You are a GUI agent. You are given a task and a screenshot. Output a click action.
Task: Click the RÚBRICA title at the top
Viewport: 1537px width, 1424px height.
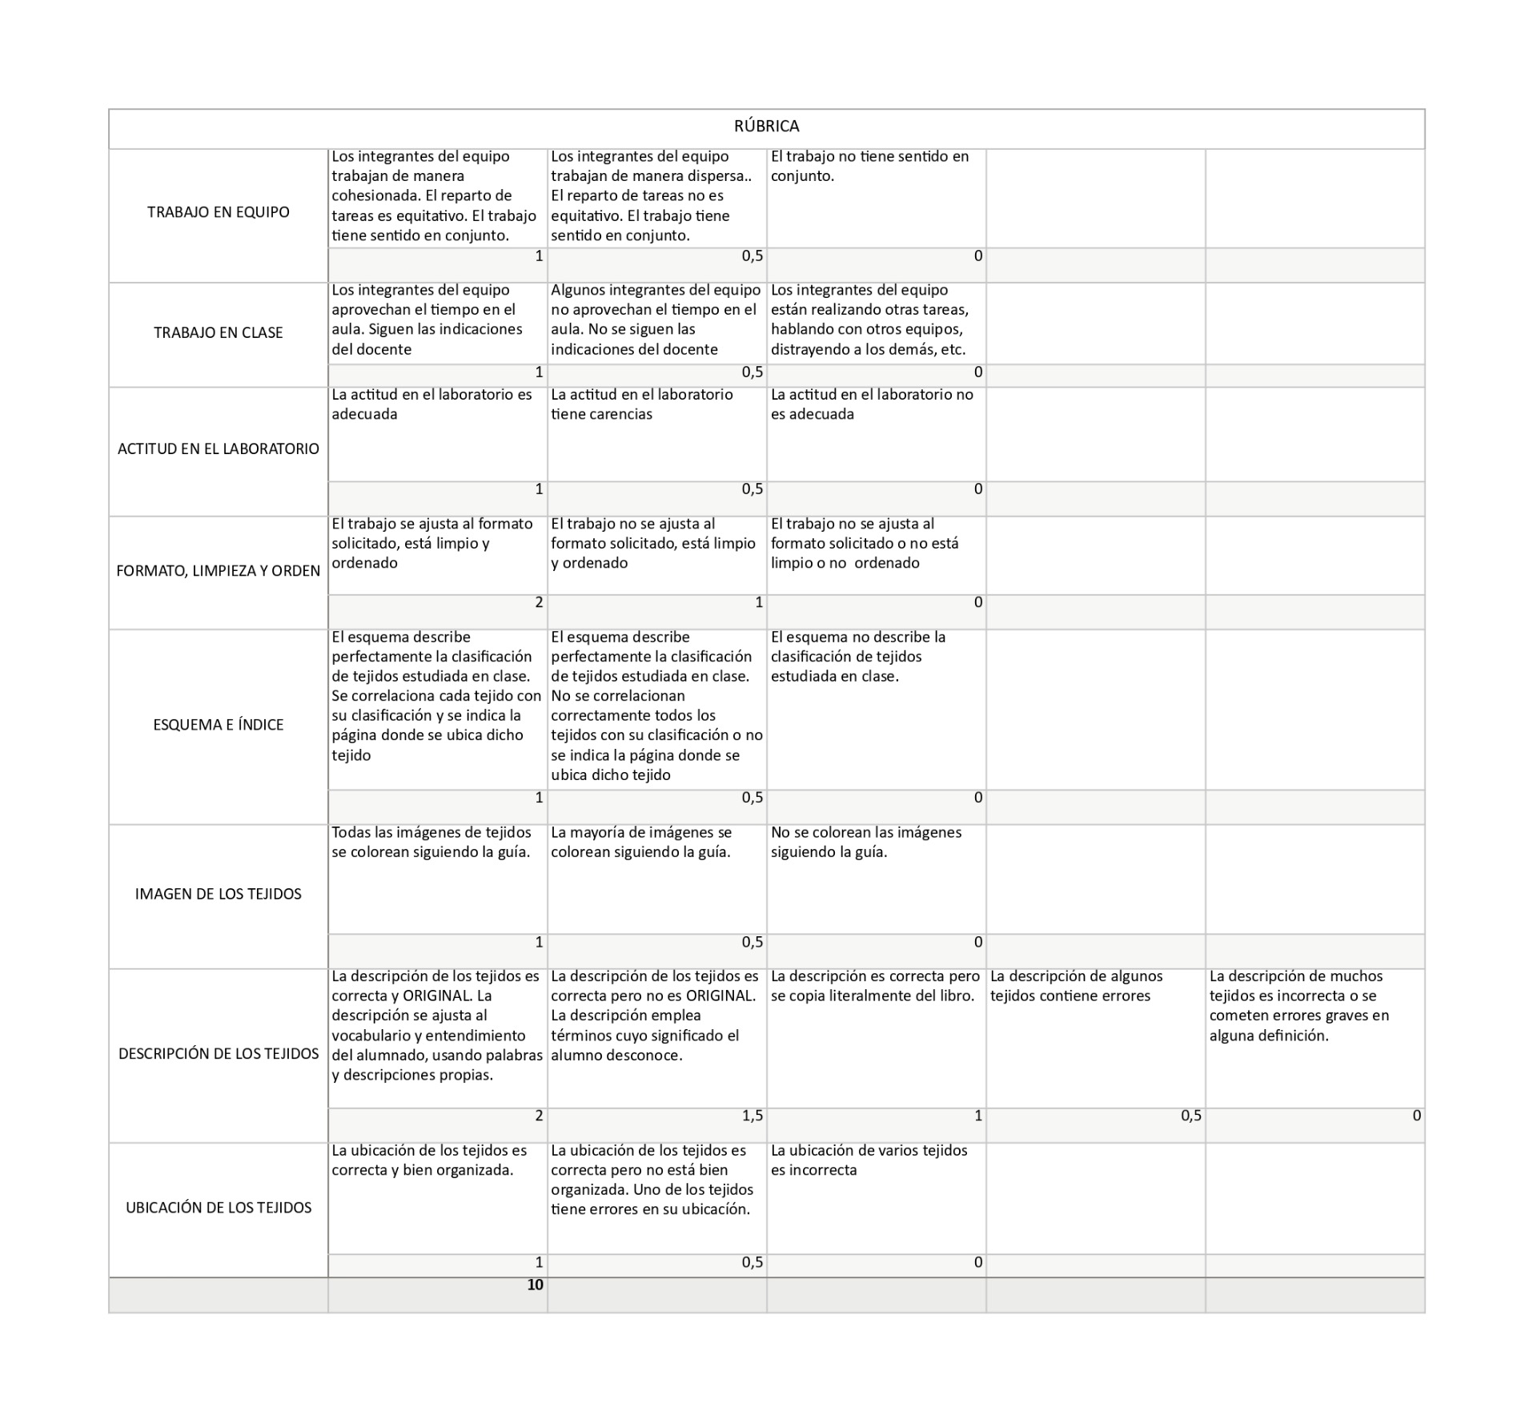(x=766, y=127)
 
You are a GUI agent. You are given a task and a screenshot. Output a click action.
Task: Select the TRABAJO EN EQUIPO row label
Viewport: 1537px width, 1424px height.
(x=218, y=212)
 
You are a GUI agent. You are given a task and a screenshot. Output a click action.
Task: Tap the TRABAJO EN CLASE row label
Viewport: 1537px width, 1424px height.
(x=218, y=332)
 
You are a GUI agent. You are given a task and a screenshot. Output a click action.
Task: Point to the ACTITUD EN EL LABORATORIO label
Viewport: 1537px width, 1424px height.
(x=218, y=449)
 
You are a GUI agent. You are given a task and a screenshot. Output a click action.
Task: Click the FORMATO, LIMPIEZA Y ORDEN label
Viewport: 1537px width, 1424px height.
(x=218, y=571)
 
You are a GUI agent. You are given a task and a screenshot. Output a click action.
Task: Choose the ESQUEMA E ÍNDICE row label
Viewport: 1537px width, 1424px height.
(x=218, y=725)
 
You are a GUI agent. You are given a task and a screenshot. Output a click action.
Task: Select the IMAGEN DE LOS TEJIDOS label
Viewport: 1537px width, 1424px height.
(x=218, y=894)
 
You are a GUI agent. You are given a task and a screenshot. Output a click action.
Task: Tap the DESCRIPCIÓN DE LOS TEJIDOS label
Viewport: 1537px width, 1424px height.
(x=218, y=1054)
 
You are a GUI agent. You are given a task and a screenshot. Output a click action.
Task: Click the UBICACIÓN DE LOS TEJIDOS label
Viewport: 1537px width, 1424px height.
(x=218, y=1208)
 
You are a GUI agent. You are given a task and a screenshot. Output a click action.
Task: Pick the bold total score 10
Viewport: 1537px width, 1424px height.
(x=535, y=1285)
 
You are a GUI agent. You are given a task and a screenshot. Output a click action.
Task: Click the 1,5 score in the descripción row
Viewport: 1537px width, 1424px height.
(x=752, y=1116)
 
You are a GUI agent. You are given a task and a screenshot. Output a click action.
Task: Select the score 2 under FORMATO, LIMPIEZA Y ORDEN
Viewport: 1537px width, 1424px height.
(x=539, y=602)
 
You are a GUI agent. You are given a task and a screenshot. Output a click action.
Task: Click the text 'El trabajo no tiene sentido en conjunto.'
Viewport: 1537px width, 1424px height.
(x=869, y=166)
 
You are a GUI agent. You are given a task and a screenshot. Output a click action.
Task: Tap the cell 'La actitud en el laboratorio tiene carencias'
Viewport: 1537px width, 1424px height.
(x=641, y=404)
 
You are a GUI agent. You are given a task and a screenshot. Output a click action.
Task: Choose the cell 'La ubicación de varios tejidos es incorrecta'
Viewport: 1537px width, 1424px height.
(x=869, y=1160)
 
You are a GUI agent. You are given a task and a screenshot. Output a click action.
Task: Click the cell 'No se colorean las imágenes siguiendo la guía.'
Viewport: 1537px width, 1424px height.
(x=865, y=842)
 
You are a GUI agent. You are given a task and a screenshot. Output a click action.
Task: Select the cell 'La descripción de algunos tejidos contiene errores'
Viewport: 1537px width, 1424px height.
(x=1076, y=986)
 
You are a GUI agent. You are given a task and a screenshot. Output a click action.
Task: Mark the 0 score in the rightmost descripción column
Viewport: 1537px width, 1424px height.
(x=1416, y=1116)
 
